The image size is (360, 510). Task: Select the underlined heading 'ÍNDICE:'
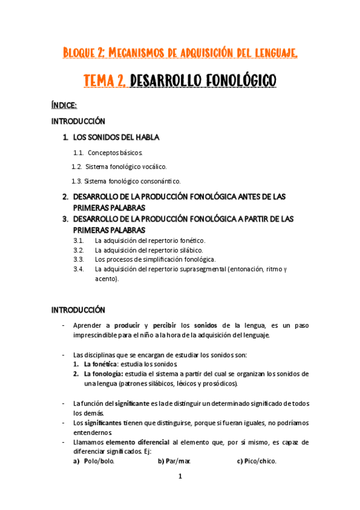[64, 105]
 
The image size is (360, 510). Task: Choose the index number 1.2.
[76, 166]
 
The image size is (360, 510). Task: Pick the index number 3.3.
[79, 259]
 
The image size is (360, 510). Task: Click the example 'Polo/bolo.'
[99, 461]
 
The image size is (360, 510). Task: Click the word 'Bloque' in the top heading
[78, 54]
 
